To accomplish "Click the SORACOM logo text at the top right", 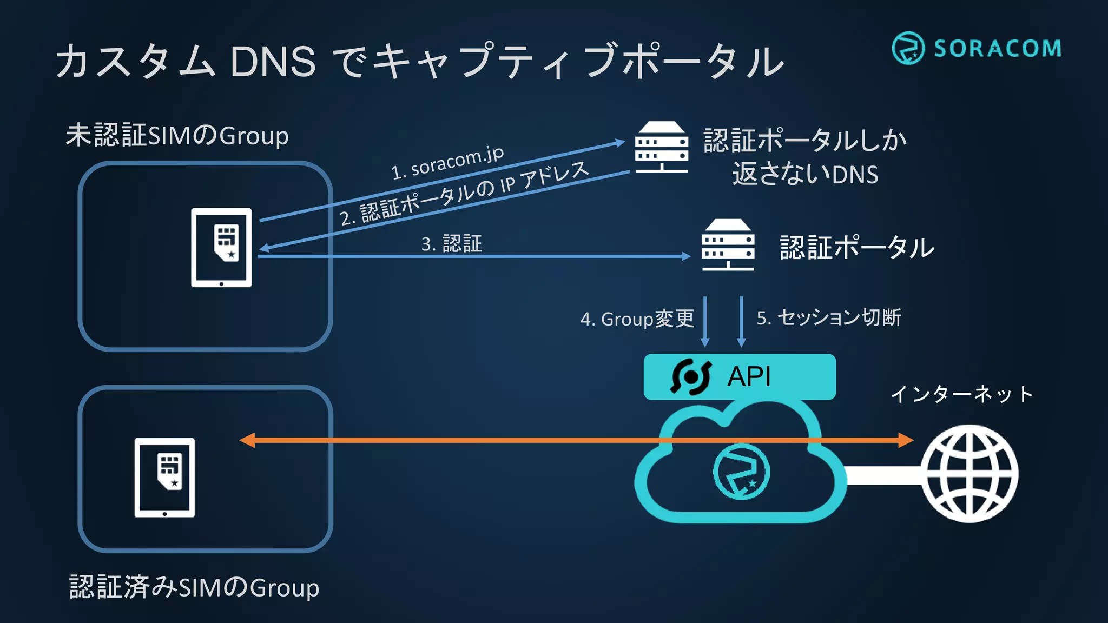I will click(x=997, y=49).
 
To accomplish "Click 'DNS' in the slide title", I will click(x=273, y=62).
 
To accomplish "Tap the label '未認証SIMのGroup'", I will click(x=177, y=135).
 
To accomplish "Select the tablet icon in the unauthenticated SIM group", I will click(x=221, y=247).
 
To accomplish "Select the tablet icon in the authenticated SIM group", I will click(x=165, y=478).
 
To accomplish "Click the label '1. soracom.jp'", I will click(x=447, y=162).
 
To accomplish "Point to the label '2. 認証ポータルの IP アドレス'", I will click(x=464, y=194).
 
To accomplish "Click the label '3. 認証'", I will click(x=451, y=243).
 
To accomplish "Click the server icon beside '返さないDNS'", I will click(x=661, y=147).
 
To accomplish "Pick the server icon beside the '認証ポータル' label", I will click(x=728, y=244).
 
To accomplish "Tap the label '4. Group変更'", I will click(x=637, y=319).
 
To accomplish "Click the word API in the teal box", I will click(x=749, y=376).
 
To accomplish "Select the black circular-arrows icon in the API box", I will click(x=691, y=377).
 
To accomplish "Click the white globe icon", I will click(x=969, y=473).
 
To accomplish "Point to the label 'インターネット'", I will click(x=962, y=394).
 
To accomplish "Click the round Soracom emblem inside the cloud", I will click(x=741, y=471).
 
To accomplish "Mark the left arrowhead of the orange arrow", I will click(x=247, y=440).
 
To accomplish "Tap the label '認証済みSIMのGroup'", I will click(x=194, y=587).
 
